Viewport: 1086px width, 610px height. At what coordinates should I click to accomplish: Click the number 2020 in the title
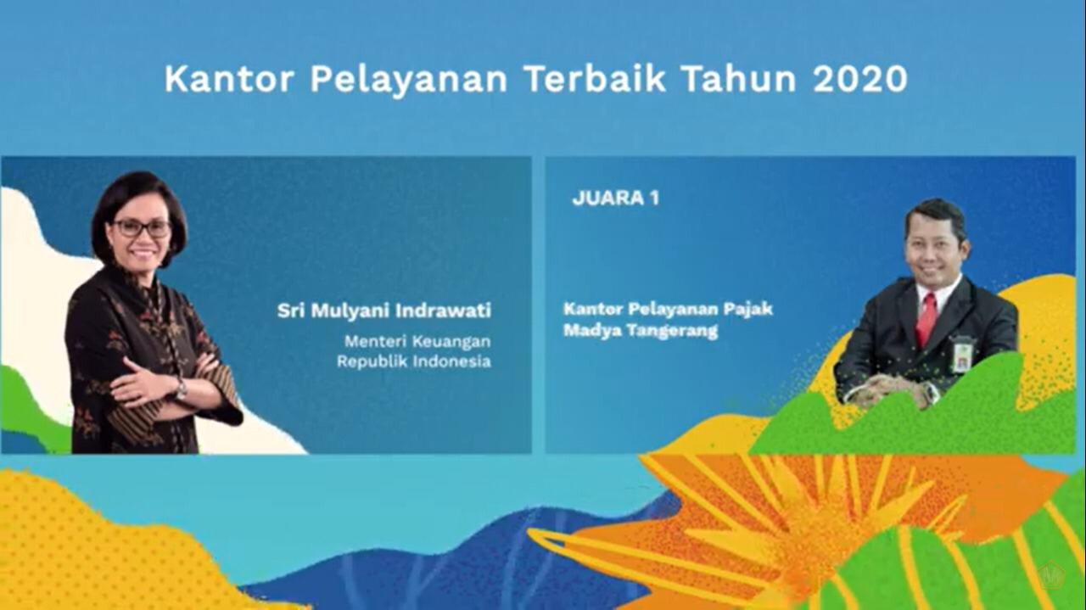point(860,79)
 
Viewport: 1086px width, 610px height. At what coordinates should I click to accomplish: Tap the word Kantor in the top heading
point(229,79)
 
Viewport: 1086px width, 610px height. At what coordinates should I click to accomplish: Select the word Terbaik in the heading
point(596,79)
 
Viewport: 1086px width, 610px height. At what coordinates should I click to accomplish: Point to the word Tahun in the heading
point(739,79)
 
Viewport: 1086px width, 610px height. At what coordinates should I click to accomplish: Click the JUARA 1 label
point(616,198)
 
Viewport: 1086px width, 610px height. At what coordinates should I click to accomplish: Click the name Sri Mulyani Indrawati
point(384,311)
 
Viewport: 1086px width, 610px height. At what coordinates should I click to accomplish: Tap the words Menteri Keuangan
point(417,341)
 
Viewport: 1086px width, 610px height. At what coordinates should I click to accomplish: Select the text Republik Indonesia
point(413,361)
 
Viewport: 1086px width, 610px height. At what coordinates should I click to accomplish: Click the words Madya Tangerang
point(641,331)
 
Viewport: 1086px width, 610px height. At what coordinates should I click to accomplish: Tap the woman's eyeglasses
point(142,228)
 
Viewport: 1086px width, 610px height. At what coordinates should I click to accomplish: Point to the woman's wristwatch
point(181,389)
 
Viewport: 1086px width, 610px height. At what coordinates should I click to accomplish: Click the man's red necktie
point(926,319)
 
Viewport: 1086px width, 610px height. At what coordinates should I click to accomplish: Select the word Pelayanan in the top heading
point(409,80)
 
